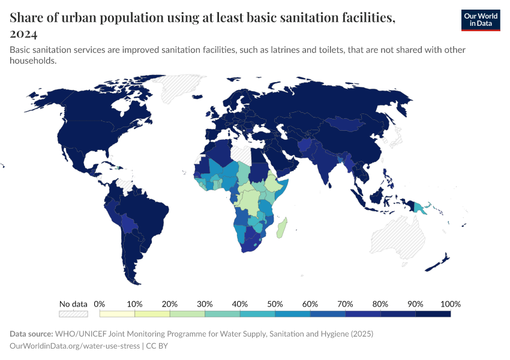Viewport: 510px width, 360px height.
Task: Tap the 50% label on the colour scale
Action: pyautogui.click(x=275, y=304)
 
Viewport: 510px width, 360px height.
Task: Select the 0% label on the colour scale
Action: pyautogui.click(x=100, y=304)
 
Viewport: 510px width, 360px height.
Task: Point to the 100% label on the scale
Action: pyautogui.click(x=450, y=304)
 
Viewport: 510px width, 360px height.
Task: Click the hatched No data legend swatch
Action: pyautogui.click(x=73, y=314)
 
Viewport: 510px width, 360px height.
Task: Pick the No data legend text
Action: pyautogui.click(x=73, y=304)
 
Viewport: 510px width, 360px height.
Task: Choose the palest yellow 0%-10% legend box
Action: pyautogui.click(x=117, y=314)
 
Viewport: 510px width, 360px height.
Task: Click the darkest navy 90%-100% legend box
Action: pyautogui.click(x=433, y=314)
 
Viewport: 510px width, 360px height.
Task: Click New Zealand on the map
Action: pyautogui.click(x=441, y=262)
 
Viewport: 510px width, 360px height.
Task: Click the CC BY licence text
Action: pyautogui.click(x=159, y=346)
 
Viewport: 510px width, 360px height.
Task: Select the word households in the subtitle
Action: pyautogui.click(x=33, y=61)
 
